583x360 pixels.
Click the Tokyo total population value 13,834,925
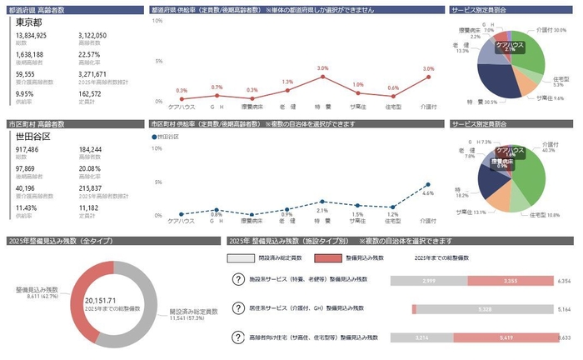(x=31, y=36)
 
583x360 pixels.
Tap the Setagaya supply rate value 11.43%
(x=25, y=207)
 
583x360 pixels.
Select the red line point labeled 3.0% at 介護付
(x=428, y=77)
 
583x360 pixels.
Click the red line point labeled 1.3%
(x=287, y=90)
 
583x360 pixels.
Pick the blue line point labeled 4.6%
(x=428, y=184)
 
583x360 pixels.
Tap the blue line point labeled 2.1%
(x=323, y=201)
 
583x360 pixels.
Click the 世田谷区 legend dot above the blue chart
(x=154, y=136)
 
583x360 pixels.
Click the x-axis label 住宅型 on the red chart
(x=393, y=107)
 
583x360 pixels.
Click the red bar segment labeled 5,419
(x=501, y=337)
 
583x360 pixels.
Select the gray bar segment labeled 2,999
(x=428, y=282)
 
